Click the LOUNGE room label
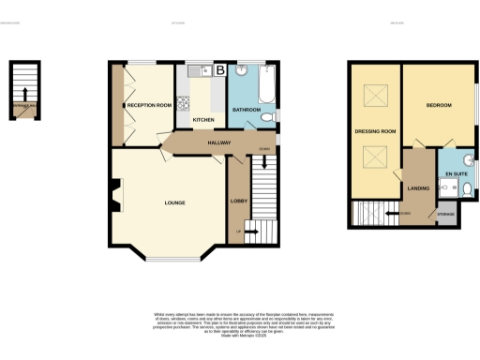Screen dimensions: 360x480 click(x=174, y=202)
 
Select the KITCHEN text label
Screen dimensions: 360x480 click(x=203, y=120)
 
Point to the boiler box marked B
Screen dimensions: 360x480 click(x=220, y=70)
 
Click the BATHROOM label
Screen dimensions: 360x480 click(x=247, y=110)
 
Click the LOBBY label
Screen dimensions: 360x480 click(x=238, y=200)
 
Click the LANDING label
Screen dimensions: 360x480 click(x=418, y=188)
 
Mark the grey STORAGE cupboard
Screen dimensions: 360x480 click(x=445, y=215)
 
